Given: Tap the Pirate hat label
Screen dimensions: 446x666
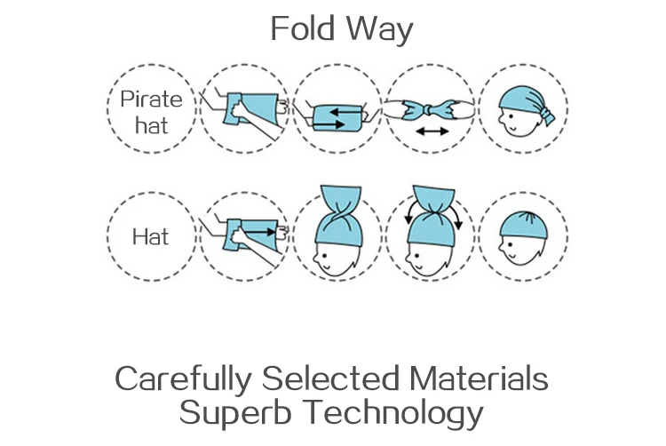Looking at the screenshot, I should pyautogui.click(x=150, y=110).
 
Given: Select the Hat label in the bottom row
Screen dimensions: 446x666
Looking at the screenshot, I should pyautogui.click(x=150, y=237).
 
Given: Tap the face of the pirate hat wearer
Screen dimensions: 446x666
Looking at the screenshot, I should pyautogui.click(x=511, y=123).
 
